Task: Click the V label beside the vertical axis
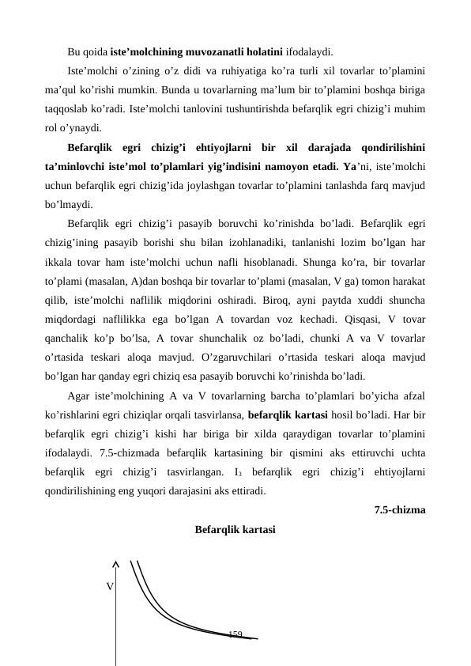[109, 586]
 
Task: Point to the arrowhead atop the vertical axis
[115, 564]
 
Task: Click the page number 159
[235, 634]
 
